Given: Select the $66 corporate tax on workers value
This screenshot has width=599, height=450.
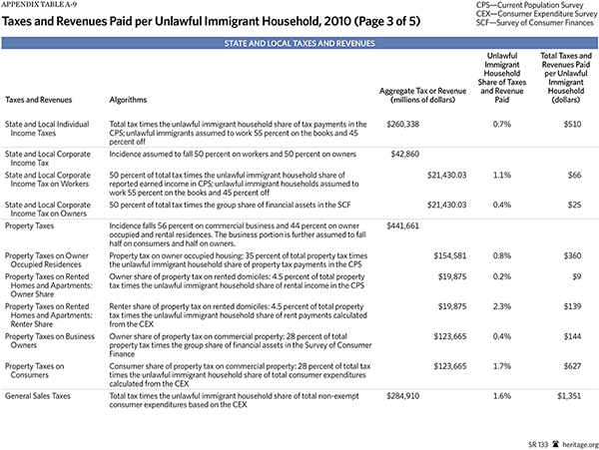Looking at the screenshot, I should [572, 175].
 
